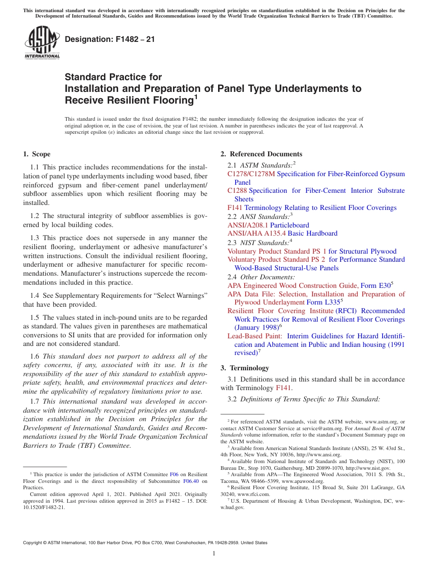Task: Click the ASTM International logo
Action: coord(41,43)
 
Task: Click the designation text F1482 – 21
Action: coord(110,39)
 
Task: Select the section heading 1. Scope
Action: coord(36,154)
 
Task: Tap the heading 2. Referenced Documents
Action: coord(261,154)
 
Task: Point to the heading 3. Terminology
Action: coord(245,368)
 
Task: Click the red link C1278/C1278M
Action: coord(251,174)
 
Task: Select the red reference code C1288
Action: coord(237,191)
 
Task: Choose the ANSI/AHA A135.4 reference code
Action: coord(257,233)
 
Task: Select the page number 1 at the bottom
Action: coord(214,554)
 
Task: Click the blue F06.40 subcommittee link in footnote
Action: coord(191,481)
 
